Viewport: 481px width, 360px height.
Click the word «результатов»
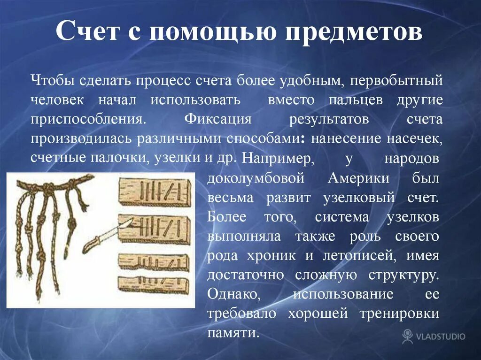pyautogui.click(x=329, y=119)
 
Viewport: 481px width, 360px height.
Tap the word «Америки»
pyautogui.click(x=358, y=178)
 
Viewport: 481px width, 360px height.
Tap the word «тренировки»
pyautogui.click(x=401, y=314)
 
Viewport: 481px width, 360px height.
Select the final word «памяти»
pyautogui.click(x=233, y=333)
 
